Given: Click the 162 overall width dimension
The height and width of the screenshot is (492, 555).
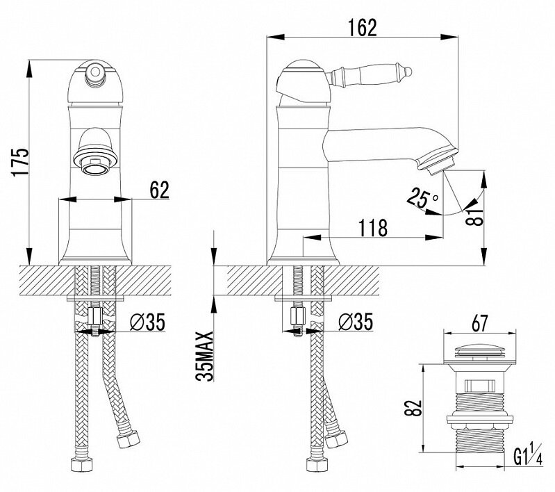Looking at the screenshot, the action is [x=363, y=28].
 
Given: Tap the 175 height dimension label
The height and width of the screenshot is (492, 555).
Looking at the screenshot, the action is [x=20, y=161].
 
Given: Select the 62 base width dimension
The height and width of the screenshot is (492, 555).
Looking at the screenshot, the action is [x=160, y=190].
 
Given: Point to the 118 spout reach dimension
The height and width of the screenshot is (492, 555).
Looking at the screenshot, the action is [x=373, y=228].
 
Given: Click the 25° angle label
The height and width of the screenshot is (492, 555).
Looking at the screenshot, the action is [x=422, y=198].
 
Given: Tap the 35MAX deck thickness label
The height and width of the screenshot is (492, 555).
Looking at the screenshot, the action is [x=205, y=356].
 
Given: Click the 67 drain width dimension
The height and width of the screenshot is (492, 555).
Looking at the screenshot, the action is [x=479, y=323].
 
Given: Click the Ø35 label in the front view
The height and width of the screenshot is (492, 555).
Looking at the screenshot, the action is [x=147, y=322].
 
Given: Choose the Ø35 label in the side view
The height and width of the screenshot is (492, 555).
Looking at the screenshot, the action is [x=355, y=322].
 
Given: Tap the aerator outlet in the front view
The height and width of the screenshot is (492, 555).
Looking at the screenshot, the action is [x=96, y=165].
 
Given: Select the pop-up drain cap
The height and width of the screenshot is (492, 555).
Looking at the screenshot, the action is [x=479, y=351].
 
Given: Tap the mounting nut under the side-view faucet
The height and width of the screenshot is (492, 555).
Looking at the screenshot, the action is [x=297, y=316].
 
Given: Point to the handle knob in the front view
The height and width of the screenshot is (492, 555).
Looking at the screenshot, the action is [x=94, y=72].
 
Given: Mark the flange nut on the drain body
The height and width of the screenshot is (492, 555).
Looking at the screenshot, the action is [x=479, y=419].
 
